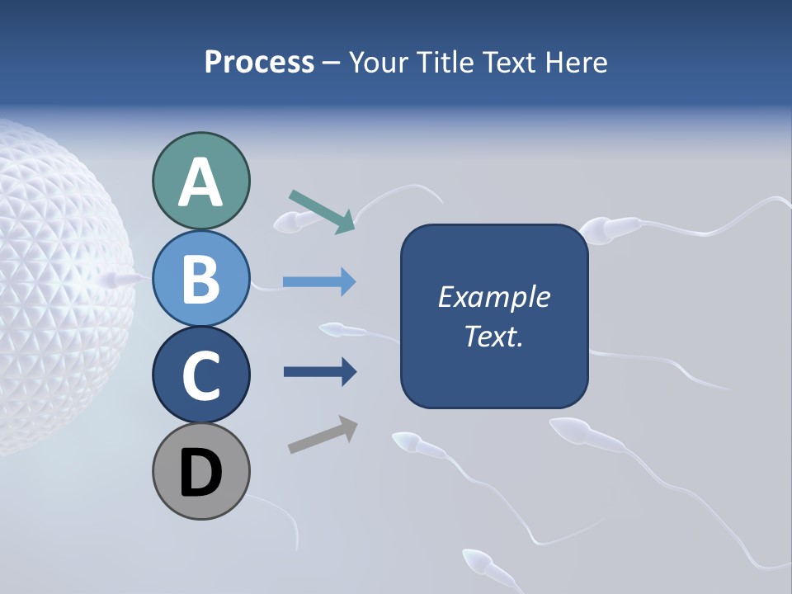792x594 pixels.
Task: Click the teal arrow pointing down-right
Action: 322,210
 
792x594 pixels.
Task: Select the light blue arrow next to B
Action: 319,282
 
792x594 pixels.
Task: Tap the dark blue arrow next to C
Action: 319,372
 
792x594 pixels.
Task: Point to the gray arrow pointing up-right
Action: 323,436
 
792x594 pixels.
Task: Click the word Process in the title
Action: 259,63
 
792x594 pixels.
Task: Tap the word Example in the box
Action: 493,297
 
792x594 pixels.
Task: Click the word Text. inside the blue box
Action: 493,337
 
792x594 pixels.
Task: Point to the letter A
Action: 200,182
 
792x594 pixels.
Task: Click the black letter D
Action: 200,473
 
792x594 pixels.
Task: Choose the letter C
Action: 200,376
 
